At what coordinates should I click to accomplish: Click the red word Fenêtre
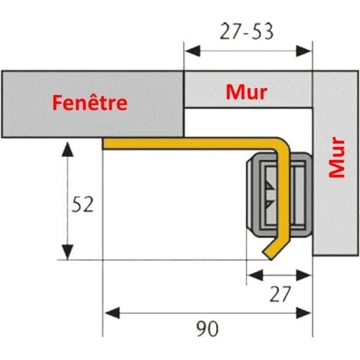point(89,103)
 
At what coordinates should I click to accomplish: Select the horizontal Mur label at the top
point(247,92)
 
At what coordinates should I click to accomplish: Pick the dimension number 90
point(208,329)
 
